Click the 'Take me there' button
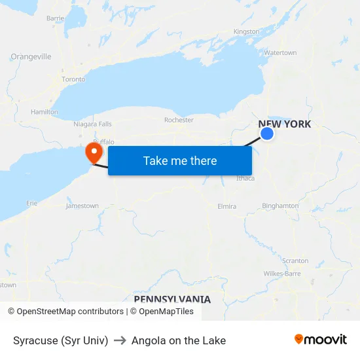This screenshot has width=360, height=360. click(180, 160)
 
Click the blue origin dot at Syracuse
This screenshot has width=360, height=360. click(267, 134)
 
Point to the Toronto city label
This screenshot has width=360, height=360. click(73, 79)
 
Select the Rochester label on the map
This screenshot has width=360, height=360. click(179, 120)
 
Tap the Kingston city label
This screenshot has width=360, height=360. click(246, 31)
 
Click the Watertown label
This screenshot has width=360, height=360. click(280, 53)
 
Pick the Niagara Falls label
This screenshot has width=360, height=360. click(92, 124)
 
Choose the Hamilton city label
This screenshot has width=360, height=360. click(45, 112)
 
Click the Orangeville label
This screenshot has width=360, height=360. click(31, 57)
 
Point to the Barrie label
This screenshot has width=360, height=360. click(55, 18)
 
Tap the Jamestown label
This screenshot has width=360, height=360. click(82, 206)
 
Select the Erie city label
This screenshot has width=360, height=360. click(31, 204)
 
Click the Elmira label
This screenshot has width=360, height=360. click(226, 206)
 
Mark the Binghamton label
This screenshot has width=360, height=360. click(280, 206)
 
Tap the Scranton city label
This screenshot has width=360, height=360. click(295, 261)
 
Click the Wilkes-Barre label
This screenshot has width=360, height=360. click(282, 274)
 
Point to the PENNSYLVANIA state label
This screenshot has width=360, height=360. click(172, 299)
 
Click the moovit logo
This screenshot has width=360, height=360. click(321, 340)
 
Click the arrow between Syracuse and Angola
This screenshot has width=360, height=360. click(120, 340)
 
